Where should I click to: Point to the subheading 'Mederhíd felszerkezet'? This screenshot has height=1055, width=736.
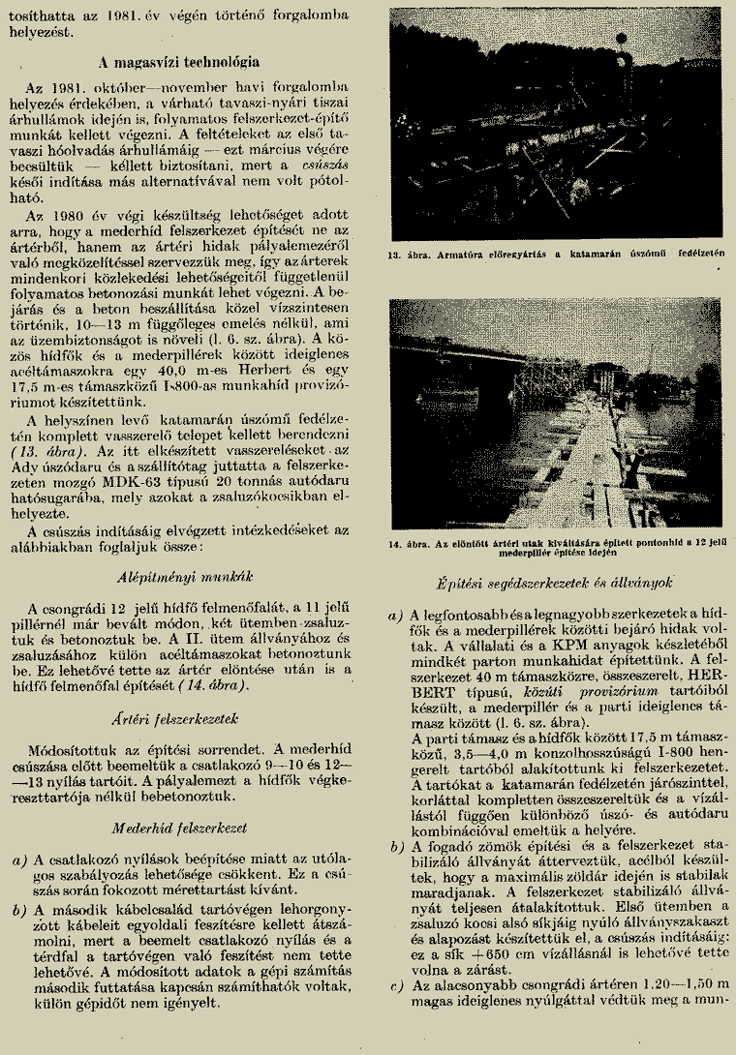(x=181, y=829)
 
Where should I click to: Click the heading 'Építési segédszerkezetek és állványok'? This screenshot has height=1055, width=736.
(x=553, y=586)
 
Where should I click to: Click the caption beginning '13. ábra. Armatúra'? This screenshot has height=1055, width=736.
(x=554, y=256)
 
